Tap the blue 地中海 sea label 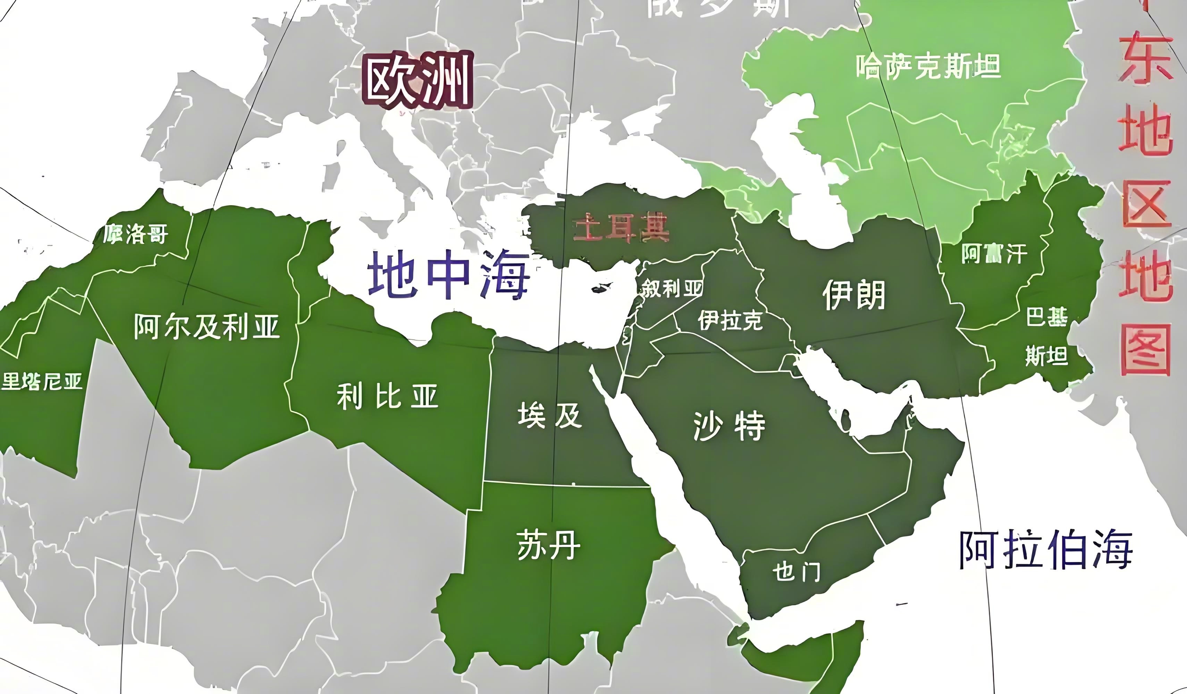tap(448, 276)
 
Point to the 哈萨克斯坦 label tap(928, 67)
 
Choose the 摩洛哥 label tap(136, 234)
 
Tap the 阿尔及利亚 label tap(206, 326)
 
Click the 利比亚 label tap(387, 396)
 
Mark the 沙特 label tap(729, 426)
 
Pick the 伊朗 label tap(853, 295)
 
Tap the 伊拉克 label tap(730, 321)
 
